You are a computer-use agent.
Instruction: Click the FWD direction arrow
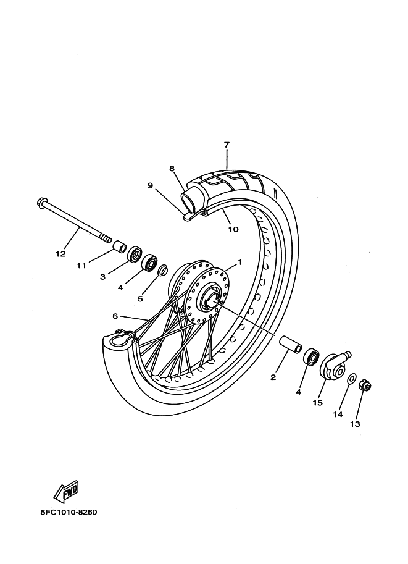pos(66,491)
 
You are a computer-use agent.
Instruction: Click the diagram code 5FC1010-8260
pos(69,512)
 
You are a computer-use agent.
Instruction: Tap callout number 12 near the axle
pos(60,254)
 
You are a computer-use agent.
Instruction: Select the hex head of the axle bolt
pos(40,203)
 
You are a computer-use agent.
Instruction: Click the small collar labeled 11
pos(120,248)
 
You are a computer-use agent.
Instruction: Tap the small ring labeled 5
pos(163,270)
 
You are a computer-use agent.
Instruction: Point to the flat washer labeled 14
pos(352,379)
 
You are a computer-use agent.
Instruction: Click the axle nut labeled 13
pos(365,386)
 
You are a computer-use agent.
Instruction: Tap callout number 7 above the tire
pos(227,145)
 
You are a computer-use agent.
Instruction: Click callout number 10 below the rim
pos(233,229)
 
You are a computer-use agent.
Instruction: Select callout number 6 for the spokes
pos(115,316)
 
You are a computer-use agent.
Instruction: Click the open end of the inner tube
pos(189,201)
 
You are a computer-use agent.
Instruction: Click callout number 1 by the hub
pos(239,262)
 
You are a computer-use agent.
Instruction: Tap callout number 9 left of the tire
pos(150,185)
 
